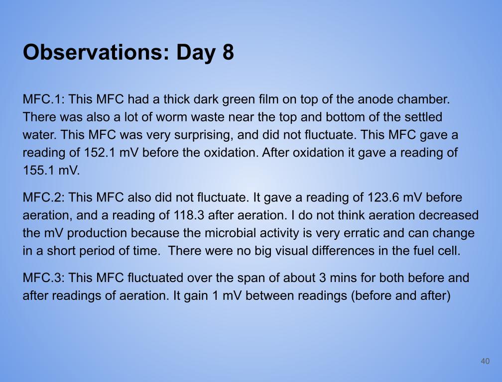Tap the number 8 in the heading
click(228, 52)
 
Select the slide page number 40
click(485, 361)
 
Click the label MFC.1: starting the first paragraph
click(44, 99)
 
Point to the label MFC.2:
click(44, 197)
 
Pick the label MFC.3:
click(44, 278)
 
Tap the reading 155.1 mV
click(51, 171)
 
